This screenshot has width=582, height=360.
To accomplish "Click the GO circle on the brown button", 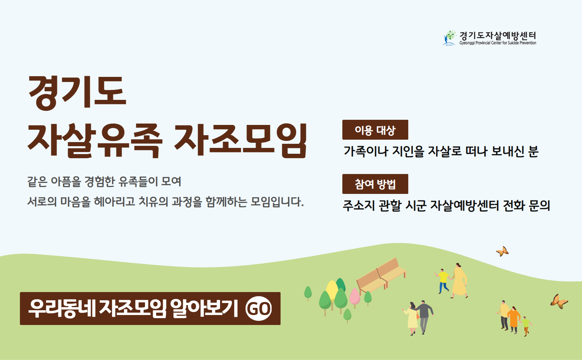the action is [259, 309].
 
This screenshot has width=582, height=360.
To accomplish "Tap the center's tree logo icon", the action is [449, 38].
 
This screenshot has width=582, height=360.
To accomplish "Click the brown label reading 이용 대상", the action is [375, 130].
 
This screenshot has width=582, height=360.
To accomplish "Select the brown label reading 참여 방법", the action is [375, 184].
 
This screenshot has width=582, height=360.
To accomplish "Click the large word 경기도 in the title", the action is [77, 93].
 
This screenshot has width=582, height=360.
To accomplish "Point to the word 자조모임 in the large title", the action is [241, 140].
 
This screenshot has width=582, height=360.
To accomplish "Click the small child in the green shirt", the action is [526, 326].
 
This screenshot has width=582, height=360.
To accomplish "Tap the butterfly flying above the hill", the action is [502, 251].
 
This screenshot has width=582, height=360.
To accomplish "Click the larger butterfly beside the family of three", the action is [559, 301].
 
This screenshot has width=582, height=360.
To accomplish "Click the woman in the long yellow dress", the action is [459, 280].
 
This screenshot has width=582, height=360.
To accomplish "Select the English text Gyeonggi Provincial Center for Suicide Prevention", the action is [498, 43].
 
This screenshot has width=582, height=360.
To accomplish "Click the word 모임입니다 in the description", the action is [277, 202].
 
